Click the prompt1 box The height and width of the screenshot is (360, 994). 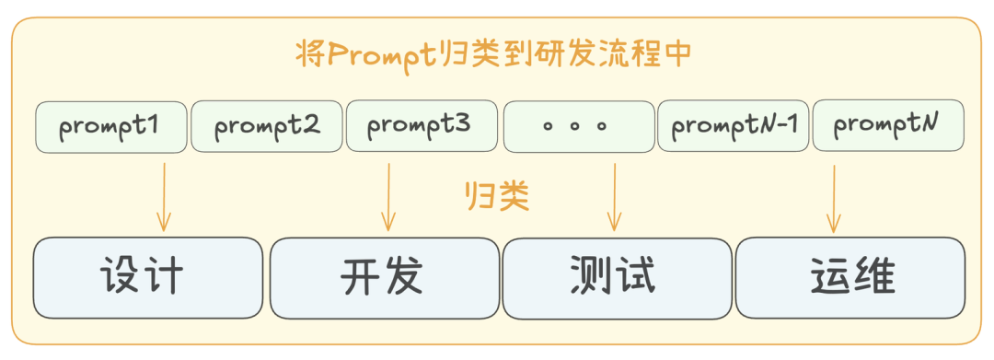tap(110, 127)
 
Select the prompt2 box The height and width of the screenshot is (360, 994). tap(267, 127)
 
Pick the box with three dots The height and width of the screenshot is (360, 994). tap(577, 127)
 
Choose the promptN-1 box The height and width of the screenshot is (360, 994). tap(733, 126)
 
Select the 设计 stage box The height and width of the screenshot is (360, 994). tap(147, 278)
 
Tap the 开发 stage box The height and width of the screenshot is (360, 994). tap(382, 278)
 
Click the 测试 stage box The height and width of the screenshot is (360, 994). tap(614, 278)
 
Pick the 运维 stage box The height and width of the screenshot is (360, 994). tap(850, 278)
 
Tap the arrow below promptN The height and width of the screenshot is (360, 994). tap(833, 198)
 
